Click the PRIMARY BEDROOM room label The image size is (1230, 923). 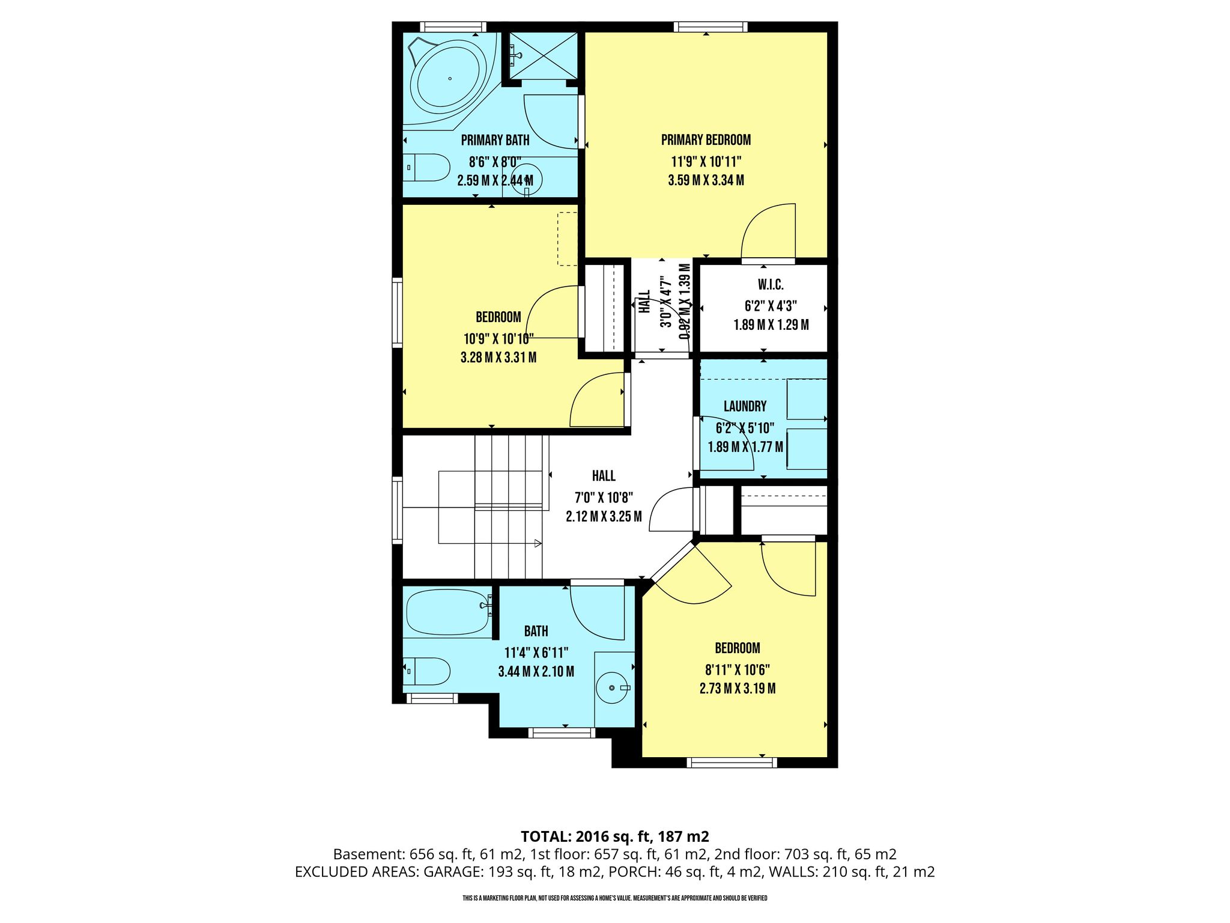(x=706, y=140)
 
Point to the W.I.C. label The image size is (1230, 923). (x=771, y=285)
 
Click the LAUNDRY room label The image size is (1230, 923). (x=745, y=406)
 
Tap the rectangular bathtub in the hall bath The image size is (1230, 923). (x=448, y=611)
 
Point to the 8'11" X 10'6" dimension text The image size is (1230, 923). (x=738, y=669)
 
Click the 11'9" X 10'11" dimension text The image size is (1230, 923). (x=706, y=162)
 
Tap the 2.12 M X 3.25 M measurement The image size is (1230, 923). (x=604, y=516)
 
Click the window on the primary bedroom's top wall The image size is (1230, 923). (x=710, y=26)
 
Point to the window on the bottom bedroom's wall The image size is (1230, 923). (x=732, y=763)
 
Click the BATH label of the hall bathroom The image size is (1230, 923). (x=536, y=631)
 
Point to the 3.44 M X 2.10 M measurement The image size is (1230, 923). (x=536, y=672)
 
